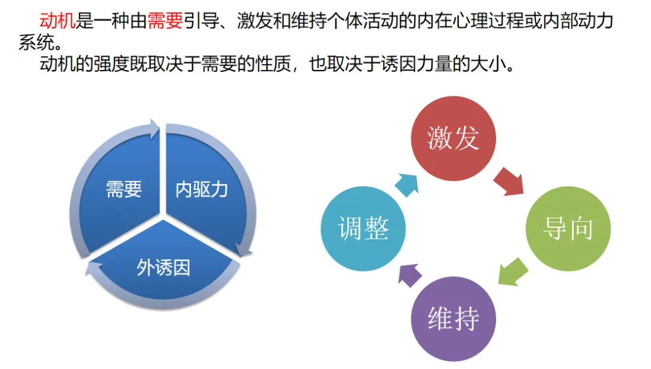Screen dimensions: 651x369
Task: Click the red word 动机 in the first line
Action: coord(58,22)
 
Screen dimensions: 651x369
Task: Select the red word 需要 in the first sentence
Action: coord(165,22)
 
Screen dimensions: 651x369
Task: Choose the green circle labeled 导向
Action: coord(568,229)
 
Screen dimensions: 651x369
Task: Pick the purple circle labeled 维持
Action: coord(453,319)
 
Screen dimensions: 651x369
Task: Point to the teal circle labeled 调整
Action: coord(363,229)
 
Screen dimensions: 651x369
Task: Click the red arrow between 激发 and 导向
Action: coord(509,181)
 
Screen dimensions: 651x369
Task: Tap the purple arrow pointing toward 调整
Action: coord(410,274)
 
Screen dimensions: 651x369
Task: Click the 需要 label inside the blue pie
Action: coord(124,189)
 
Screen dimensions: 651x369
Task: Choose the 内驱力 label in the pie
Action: coord(201,189)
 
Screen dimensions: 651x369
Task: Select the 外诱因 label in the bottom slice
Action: coord(163,267)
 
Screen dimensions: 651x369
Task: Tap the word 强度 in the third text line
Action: coord(115,64)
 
